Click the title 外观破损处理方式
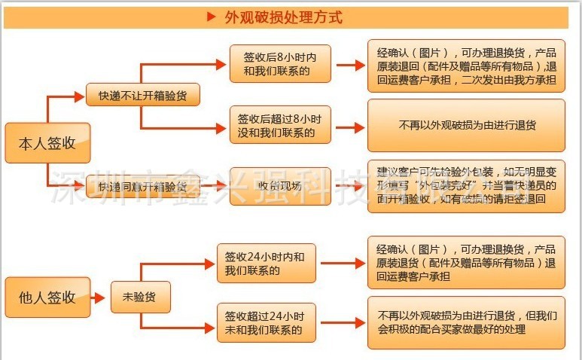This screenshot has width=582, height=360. (x=283, y=17)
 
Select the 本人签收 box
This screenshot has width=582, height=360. (x=47, y=143)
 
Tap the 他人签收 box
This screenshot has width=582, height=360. (x=47, y=296)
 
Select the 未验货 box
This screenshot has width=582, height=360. (x=140, y=297)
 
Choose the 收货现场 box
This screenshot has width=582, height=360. (x=279, y=186)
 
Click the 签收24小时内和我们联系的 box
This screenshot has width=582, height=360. (x=265, y=263)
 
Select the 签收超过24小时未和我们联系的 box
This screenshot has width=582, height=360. (x=265, y=322)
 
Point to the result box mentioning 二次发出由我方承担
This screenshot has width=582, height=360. (x=466, y=65)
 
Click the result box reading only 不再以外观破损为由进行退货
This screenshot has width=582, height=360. (x=466, y=126)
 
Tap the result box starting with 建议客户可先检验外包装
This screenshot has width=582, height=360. (x=466, y=186)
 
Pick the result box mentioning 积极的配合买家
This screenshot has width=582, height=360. (x=466, y=322)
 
